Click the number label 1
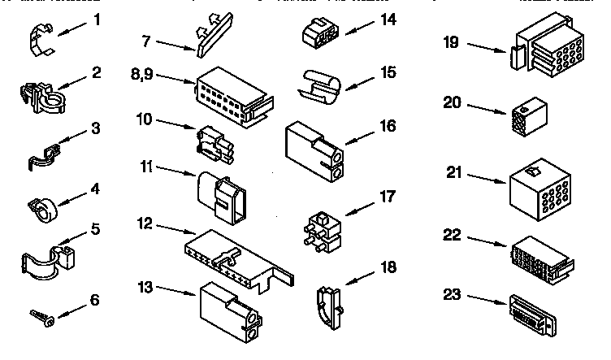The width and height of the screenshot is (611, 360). click(97, 18)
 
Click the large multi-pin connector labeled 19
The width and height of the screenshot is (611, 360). click(544, 50)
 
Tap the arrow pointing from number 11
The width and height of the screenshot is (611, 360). click(175, 172)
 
